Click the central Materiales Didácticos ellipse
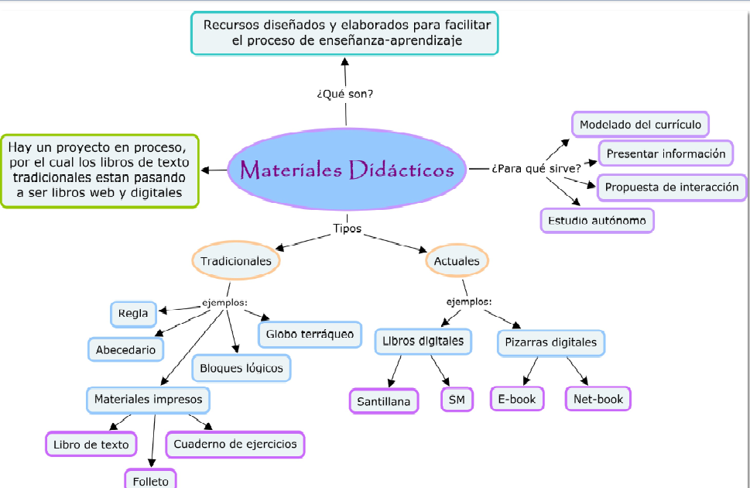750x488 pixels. pos(347,170)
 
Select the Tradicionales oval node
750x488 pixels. pos(236,261)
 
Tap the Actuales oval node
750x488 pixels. pos(457,261)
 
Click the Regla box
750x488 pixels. pos(133,314)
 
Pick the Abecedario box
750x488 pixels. pos(125,349)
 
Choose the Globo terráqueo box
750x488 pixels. pos(310,335)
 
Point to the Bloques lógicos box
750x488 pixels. pos(241,368)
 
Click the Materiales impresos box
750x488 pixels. pos(148,400)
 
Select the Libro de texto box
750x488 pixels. pos(91,445)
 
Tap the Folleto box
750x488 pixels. pos(150,480)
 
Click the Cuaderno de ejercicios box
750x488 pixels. pos(235,444)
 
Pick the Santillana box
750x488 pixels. pos(384,401)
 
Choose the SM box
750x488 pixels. pos(457,400)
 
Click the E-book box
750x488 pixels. pos(517,399)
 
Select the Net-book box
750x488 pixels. pos(598,399)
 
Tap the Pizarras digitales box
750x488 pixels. pos(550,342)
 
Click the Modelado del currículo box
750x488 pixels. pos(640,124)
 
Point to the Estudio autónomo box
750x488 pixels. pos(596,221)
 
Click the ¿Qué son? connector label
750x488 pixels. pos(345,94)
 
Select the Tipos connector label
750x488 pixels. pos(347,229)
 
